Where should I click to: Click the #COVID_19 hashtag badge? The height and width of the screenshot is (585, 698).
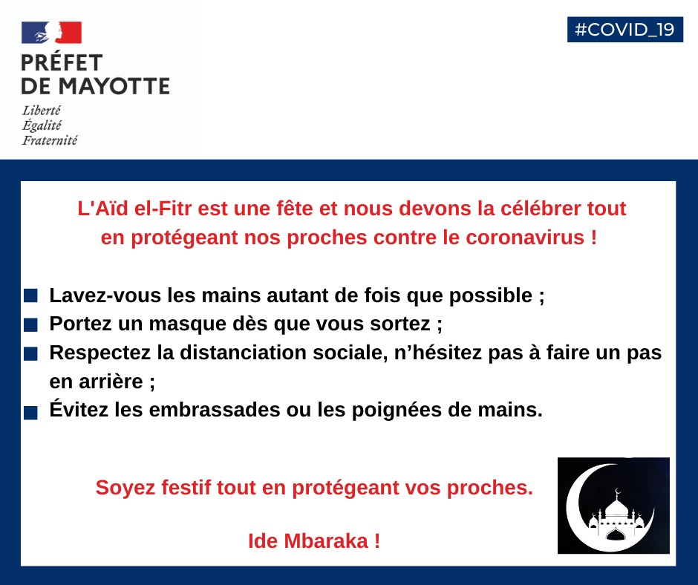pyautogui.click(x=624, y=29)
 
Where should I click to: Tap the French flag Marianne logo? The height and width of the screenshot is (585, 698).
pyautogui.click(x=51, y=33)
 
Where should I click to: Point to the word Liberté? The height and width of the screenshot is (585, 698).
pyautogui.click(x=42, y=111)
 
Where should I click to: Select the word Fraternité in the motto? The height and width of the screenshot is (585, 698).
pyautogui.click(x=50, y=140)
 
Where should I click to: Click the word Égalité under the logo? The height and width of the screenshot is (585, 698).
pyautogui.click(x=42, y=125)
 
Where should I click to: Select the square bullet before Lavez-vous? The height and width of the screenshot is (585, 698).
pyautogui.click(x=30, y=295)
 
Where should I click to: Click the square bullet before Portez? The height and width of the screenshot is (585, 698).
pyautogui.click(x=30, y=325)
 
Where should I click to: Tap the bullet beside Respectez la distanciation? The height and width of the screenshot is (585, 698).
pyautogui.click(x=30, y=354)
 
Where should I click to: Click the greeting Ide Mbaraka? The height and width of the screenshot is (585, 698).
pyautogui.click(x=314, y=541)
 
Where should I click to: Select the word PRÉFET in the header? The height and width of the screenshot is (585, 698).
pyautogui.click(x=62, y=63)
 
